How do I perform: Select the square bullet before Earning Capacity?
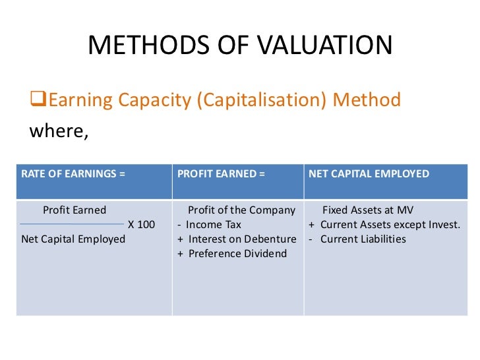click(39, 101)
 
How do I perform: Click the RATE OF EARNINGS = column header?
click(73, 174)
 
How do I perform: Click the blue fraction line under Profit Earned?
click(73, 224)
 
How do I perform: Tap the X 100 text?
click(142, 224)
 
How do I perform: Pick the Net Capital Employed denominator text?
click(73, 239)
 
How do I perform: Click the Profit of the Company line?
click(241, 210)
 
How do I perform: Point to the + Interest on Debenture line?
click(237, 239)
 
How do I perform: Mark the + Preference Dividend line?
click(232, 253)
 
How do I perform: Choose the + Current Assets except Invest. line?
click(384, 224)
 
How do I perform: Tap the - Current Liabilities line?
click(357, 239)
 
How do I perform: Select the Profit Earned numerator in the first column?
click(74, 210)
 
